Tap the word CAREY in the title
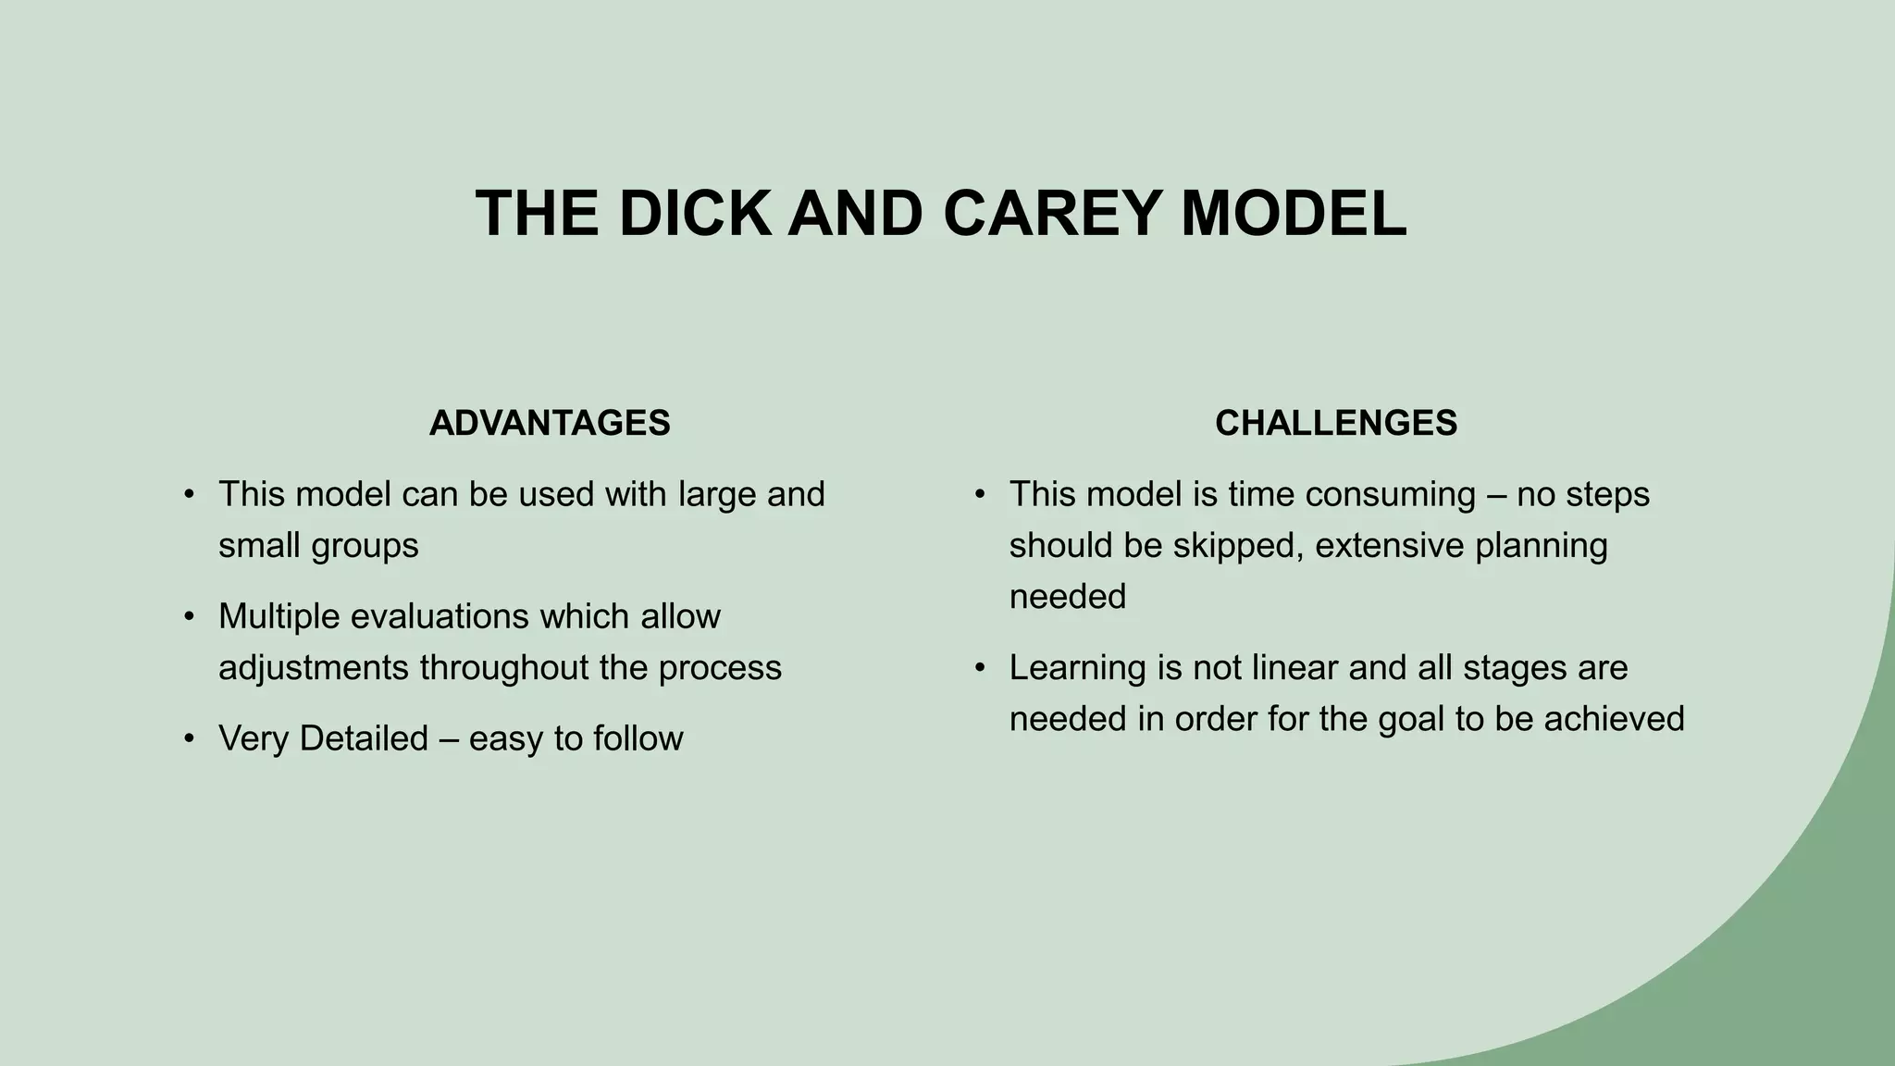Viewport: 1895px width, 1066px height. [x=1052, y=214]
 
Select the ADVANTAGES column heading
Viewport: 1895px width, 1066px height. [x=550, y=423]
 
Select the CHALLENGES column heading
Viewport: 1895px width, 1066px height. [x=1335, y=423]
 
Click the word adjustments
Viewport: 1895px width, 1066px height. [x=314, y=668]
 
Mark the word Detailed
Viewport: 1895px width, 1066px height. [x=364, y=738]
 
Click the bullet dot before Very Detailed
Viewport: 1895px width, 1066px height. [x=190, y=738]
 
